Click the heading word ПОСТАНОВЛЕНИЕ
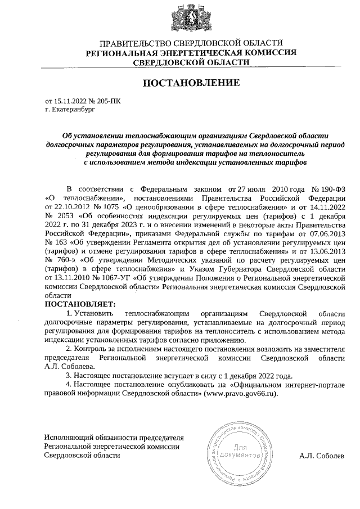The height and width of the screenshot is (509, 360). pyautogui.click(x=191, y=83)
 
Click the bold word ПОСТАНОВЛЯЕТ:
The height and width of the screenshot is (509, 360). pyautogui.click(x=79, y=304)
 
